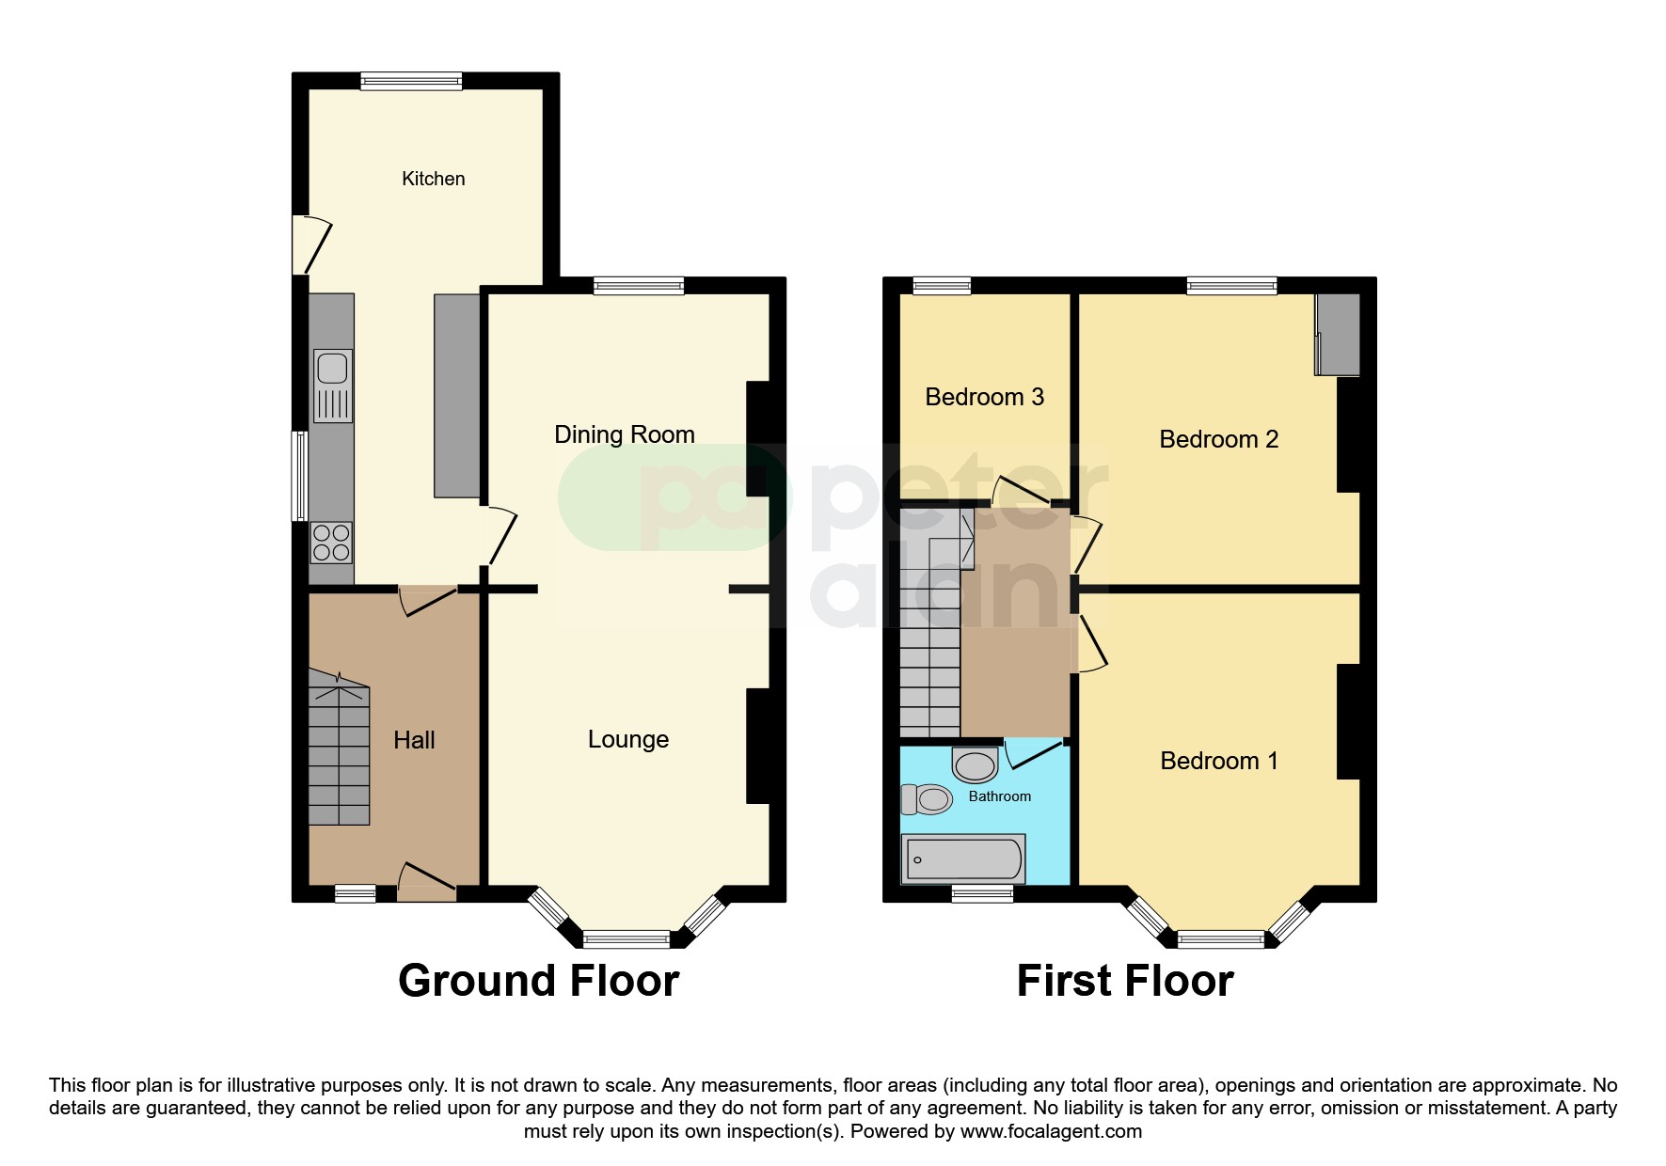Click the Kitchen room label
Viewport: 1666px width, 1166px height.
433,179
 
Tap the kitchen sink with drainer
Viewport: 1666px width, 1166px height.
332,386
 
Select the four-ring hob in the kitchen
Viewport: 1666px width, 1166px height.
331,543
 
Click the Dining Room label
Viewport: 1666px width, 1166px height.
624,434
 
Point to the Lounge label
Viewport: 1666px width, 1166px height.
627,740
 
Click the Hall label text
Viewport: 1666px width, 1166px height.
414,740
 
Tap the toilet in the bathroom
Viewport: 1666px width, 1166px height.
928,799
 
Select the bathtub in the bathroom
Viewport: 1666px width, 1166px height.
963,859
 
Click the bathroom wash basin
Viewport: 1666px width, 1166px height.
976,764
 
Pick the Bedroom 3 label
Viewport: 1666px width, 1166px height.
984,397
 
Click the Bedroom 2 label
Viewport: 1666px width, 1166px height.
1218,439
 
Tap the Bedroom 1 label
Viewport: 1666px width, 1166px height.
1218,761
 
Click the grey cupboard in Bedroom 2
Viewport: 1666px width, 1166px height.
1339,335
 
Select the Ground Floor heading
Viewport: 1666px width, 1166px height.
538,981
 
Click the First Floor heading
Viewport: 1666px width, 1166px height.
1124,981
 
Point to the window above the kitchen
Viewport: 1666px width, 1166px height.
411,81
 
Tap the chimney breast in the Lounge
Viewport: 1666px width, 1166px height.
758,746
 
